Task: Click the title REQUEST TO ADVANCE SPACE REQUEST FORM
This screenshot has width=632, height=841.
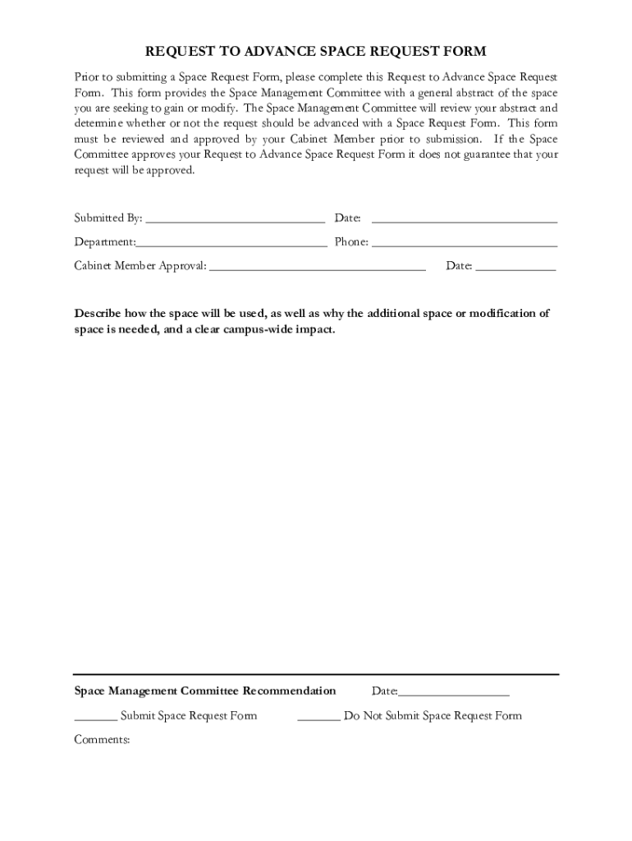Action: click(316, 51)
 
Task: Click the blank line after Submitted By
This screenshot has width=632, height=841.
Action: click(235, 221)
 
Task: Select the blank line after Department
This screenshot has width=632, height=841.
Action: click(231, 245)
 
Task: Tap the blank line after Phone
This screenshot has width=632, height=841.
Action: click(465, 245)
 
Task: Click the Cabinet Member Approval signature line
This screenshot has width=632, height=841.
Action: click(318, 269)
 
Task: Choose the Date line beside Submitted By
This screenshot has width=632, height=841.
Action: click(465, 221)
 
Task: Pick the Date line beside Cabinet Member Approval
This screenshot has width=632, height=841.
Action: click(515, 269)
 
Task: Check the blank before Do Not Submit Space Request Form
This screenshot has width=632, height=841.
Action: click(318, 719)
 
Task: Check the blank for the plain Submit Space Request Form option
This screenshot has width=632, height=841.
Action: click(95, 719)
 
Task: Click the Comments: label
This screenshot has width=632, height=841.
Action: click(103, 739)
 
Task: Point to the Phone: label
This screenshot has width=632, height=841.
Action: click(351, 242)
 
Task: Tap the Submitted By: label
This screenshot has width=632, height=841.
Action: click(108, 218)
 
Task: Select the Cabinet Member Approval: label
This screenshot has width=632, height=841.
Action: click(140, 266)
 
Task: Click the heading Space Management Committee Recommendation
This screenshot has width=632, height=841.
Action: click(205, 691)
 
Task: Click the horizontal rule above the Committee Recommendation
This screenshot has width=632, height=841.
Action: click(316, 674)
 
